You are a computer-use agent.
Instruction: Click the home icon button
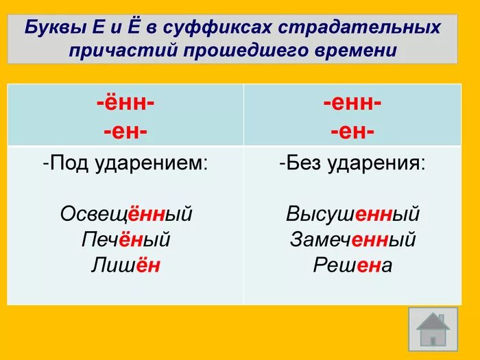pyautogui.click(x=433, y=330)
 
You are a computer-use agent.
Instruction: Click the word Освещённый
pyautogui.click(x=126, y=215)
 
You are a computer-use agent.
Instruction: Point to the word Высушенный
pyautogui.click(x=352, y=215)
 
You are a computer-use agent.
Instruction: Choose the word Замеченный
pyautogui.click(x=352, y=240)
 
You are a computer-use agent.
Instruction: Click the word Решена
pyautogui.click(x=352, y=265)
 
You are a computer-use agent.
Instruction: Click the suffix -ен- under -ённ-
pyautogui.click(x=125, y=130)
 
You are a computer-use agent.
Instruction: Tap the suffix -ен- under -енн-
pyautogui.click(x=352, y=130)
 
